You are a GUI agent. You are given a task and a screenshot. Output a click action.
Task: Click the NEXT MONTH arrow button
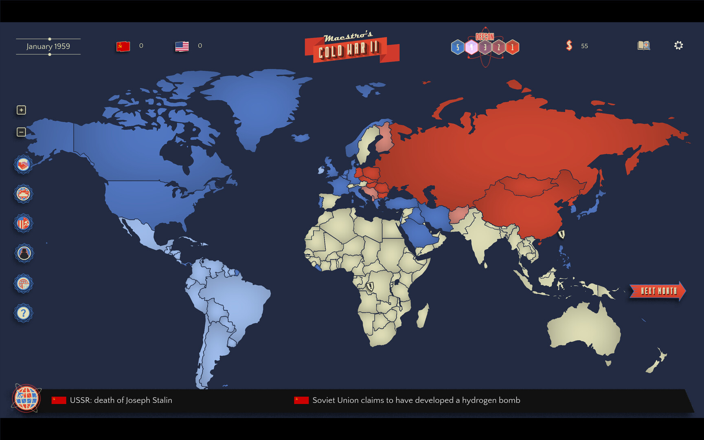click(x=657, y=291)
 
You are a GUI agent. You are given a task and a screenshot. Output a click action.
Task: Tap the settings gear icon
click(x=678, y=45)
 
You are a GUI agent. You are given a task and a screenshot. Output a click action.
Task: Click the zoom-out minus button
click(x=21, y=132)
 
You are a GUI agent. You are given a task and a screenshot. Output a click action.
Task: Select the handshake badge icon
click(x=23, y=165)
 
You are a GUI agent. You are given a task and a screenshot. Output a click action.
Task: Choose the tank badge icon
click(x=23, y=194)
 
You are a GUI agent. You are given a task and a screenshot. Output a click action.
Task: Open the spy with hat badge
click(x=24, y=253)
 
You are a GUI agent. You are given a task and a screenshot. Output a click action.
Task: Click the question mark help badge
click(x=23, y=313)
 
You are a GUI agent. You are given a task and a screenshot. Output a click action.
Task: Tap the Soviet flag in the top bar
click(x=123, y=46)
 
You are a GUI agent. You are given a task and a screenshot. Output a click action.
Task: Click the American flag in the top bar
click(x=182, y=46)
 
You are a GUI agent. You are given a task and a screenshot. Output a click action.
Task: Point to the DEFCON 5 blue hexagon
click(x=458, y=47)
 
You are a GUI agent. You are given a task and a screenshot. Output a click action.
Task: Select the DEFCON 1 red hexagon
click(x=512, y=47)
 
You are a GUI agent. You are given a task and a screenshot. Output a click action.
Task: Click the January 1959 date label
click(x=48, y=46)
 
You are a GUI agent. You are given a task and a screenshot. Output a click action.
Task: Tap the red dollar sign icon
click(x=569, y=45)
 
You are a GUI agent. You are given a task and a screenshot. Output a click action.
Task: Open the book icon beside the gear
click(x=643, y=45)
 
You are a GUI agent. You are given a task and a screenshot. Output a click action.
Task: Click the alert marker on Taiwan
click(x=561, y=234)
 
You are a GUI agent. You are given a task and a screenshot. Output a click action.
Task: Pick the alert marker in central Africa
click(x=370, y=286)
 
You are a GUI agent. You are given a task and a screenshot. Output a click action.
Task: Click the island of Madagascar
click(x=423, y=316)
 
